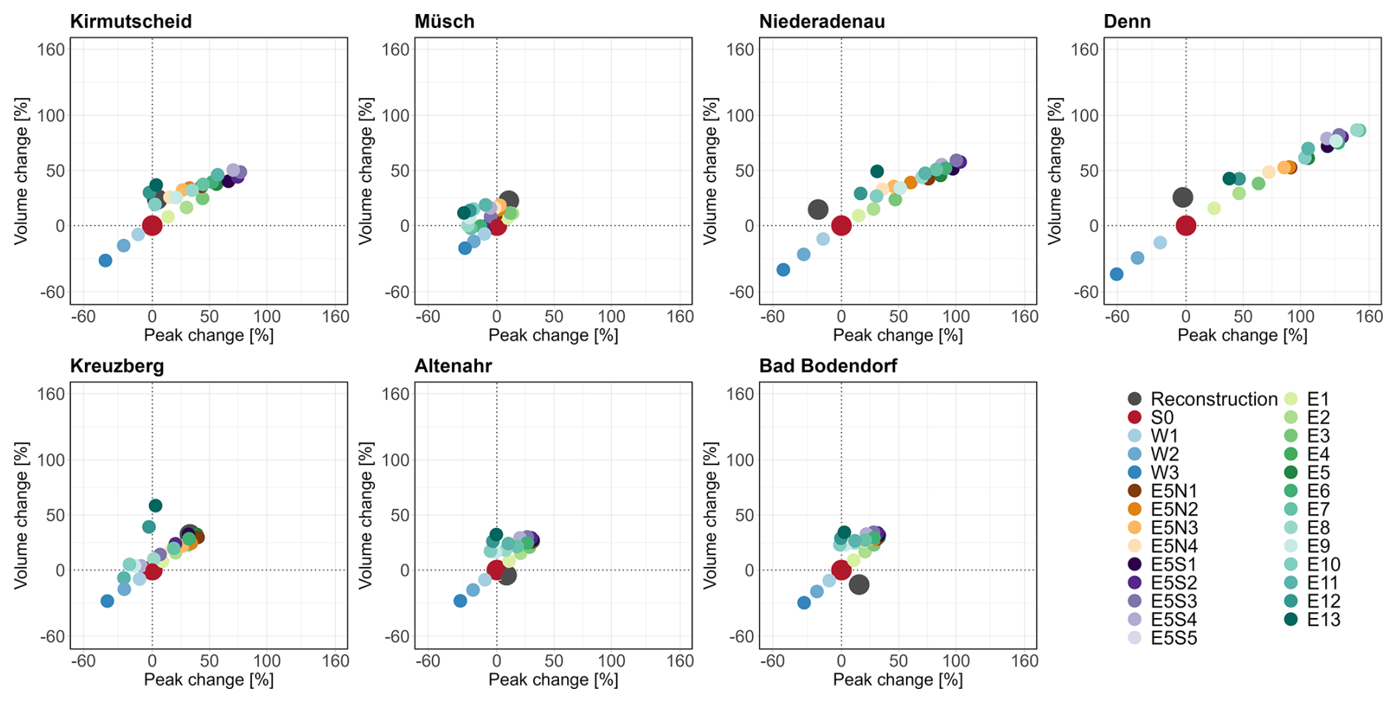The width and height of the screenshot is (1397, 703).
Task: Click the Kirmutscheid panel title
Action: pos(131,21)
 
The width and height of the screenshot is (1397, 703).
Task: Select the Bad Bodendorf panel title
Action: pos(828,366)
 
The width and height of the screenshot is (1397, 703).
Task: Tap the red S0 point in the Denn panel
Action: pos(1185,225)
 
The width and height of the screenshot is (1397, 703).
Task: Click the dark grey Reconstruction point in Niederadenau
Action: pos(817,210)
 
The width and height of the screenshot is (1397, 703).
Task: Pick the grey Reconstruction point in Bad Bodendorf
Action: pos(859,585)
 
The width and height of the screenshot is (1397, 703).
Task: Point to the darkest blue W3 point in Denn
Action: pos(1116,274)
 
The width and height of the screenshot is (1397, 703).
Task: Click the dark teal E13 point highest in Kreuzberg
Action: pos(155,506)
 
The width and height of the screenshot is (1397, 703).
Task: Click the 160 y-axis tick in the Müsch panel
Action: pos(395,49)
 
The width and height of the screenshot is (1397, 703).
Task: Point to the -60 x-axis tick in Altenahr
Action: pos(428,661)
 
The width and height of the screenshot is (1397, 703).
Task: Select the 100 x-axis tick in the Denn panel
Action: pos(1300,316)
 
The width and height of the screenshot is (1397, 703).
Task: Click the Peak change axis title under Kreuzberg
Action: pos(208,679)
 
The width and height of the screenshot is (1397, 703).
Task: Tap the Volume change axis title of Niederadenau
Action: pos(710,171)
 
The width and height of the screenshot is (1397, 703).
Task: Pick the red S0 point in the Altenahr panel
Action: pos(495,569)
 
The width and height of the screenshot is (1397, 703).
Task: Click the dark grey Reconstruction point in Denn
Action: pos(1183,197)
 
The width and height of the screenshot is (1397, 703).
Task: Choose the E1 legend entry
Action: pos(1317,399)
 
